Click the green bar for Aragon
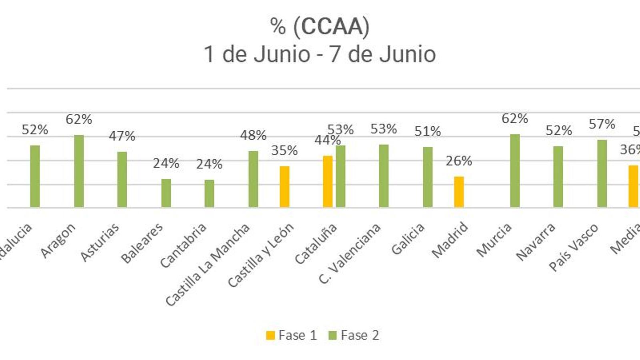tap(79, 171)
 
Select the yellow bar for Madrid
tap(459, 192)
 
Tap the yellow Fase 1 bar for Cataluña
tap(328, 182)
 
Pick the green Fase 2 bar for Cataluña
tap(340, 176)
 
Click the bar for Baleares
tap(166, 193)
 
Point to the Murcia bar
tap(515, 171)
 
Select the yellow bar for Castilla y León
tap(284, 187)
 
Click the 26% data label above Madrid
tap(459, 161)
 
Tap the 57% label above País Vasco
tap(602, 124)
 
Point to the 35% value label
tap(284, 151)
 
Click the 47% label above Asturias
tap(122, 136)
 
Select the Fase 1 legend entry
tap(292, 335)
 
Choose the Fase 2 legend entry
tap(354, 335)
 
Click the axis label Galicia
tap(408, 239)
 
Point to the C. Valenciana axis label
tap(349, 254)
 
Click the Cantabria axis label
tap(183, 245)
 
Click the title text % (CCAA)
tap(320, 27)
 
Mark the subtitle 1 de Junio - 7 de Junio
tap(320, 54)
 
